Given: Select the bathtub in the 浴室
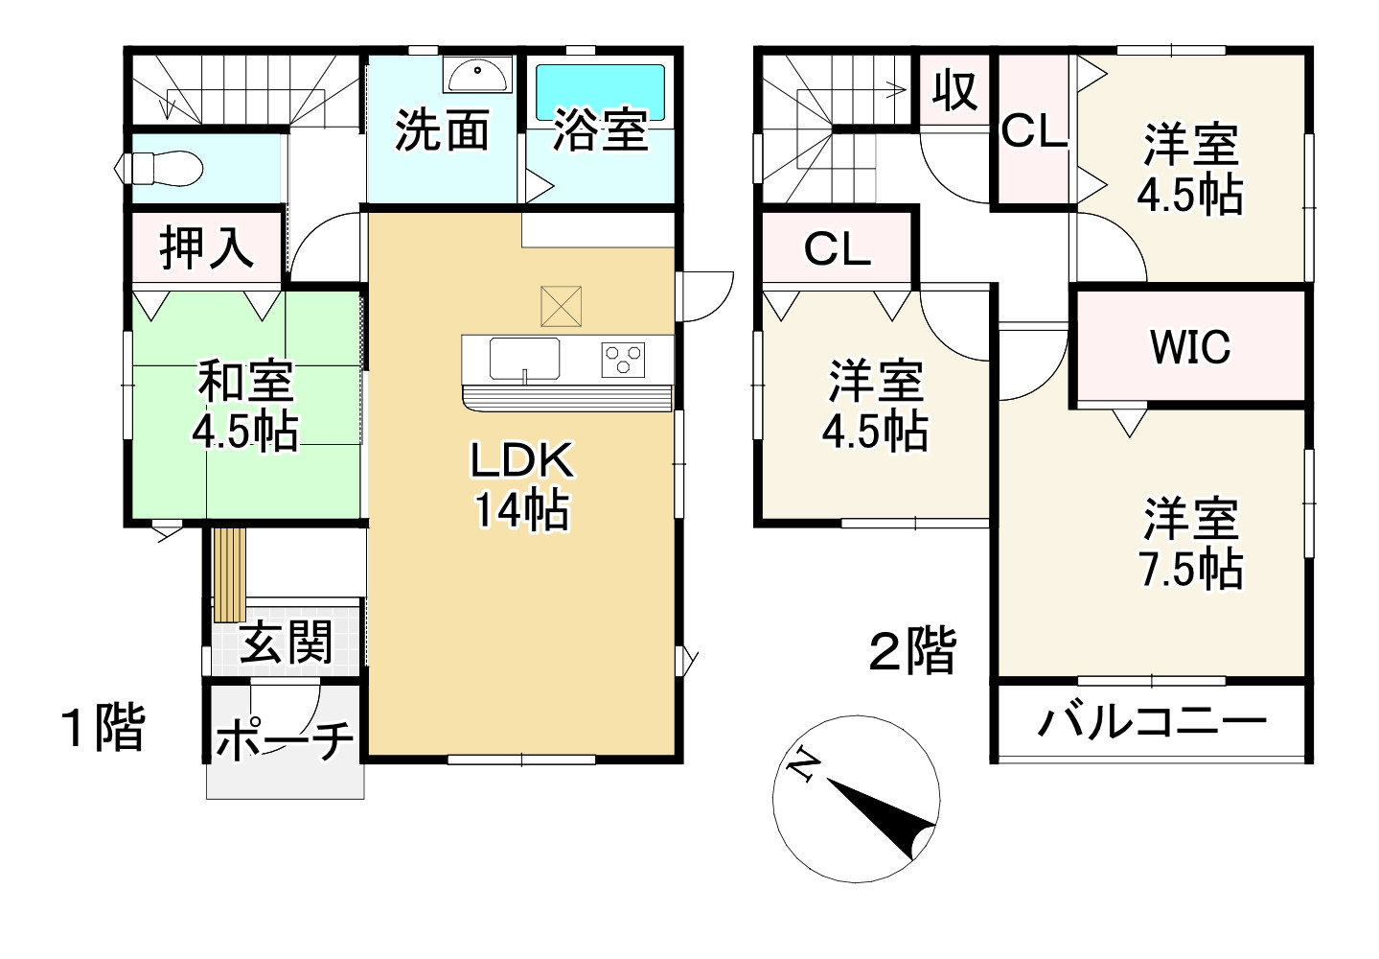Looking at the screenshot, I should (600, 89).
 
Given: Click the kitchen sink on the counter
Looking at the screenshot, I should (524, 359).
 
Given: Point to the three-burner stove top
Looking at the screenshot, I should (623, 360).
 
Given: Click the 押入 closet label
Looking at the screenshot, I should (206, 247).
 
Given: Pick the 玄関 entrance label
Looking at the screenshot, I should (285, 641).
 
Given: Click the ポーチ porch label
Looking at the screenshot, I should (285, 740).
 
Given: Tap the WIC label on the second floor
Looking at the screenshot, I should (1190, 347).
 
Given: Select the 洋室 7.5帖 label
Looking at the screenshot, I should (1191, 543).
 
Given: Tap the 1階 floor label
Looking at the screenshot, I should (102, 729).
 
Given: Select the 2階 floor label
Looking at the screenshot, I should (911, 653).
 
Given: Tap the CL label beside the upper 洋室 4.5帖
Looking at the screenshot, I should (1034, 131).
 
